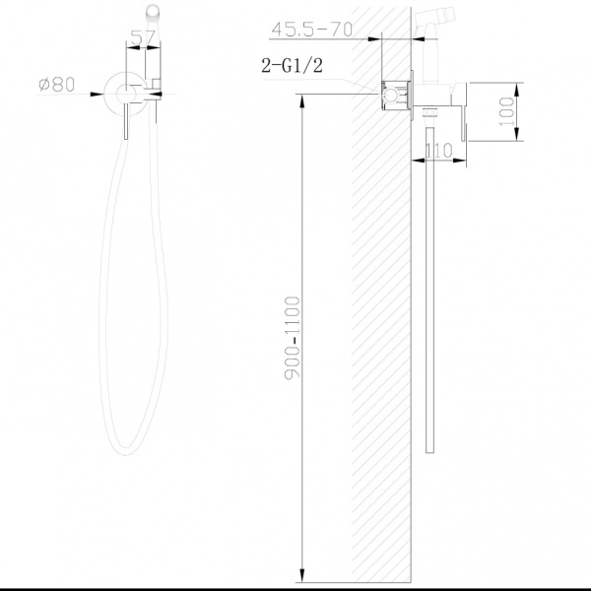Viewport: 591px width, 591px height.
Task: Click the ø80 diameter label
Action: click(57, 86)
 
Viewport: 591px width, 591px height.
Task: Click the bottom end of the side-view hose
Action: click(430, 448)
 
